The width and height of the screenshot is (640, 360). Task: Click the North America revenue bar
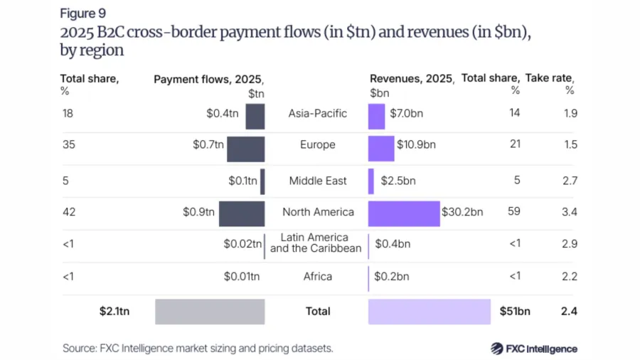[x=404, y=213]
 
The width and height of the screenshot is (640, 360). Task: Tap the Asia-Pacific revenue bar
[x=376, y=115]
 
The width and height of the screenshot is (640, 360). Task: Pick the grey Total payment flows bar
[x=210, y=312]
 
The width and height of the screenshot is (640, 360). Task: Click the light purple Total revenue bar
[x=430, y=312]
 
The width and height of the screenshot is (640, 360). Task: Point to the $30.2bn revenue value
[x=462, y=212]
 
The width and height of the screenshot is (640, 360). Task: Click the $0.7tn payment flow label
[x=208, y=144]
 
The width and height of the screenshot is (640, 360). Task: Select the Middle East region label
[x=318, y=181]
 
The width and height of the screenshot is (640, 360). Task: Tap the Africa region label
[x=318, y=276]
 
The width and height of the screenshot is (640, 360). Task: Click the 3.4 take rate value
[x=570, y=212]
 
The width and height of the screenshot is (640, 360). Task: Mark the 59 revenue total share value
[x=514, y=212]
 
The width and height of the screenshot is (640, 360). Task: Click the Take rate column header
[x=560, y=79]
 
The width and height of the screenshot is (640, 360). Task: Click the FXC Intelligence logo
[x=534, y=349]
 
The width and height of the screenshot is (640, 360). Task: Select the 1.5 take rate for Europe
[x=570, y=144]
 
